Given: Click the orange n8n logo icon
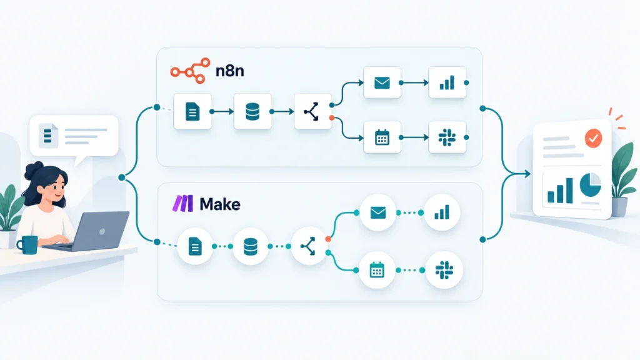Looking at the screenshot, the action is [x=190, y=71].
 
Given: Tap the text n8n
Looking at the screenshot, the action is [x=230, y=71].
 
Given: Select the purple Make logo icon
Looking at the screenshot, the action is [x=183, y=203].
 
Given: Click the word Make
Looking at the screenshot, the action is [x=220, y=204].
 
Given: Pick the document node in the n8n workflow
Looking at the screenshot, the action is [x=192, y=111].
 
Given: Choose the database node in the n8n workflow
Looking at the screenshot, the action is [x=252, y=111].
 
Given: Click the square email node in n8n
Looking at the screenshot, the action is [x=382, y=82].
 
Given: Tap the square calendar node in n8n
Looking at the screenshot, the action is [x=382, y=137].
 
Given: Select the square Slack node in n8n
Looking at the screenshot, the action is [x=447, y=137].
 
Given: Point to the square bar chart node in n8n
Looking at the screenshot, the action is [x=447, y=82].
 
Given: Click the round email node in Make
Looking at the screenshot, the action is [x=378, y=212].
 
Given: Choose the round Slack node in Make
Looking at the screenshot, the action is [x=444, y=270].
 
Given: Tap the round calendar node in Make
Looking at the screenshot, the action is [x=377, y=270].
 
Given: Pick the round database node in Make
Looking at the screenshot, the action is [x=251, y=246].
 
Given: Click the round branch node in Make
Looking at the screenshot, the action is [x=309, y=246].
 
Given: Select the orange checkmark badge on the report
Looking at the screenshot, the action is [x=593, y=138].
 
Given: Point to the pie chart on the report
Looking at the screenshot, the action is [x=591, y=184].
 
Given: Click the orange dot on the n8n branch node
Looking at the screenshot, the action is [x=332, y=118].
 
